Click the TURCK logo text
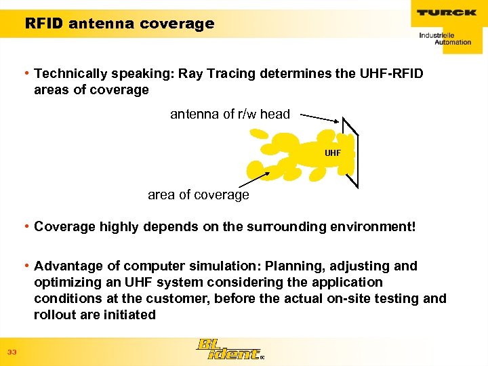point(447,12)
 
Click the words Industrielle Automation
point(445,38)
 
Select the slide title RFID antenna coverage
point(119,24)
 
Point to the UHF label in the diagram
point(333,153)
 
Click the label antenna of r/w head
point(230,115)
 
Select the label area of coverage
point(198,195)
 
